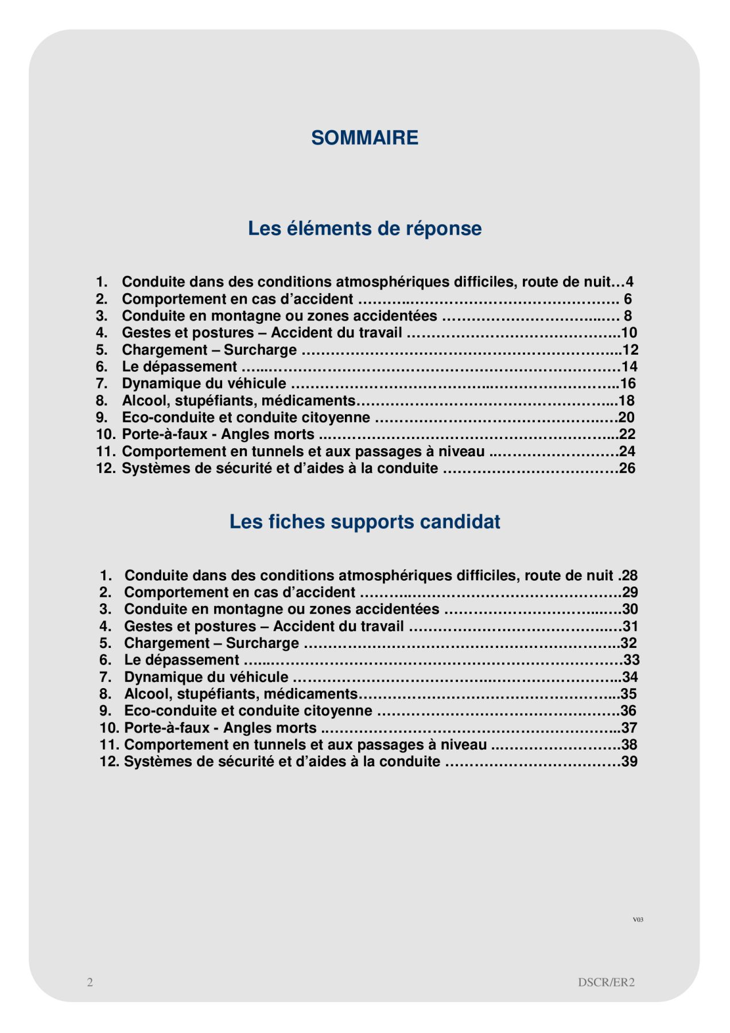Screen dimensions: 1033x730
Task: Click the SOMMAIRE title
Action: click(364, 138)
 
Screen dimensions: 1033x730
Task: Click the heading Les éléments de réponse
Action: click(364, 228)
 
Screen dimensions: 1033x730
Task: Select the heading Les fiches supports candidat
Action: click(364, 522)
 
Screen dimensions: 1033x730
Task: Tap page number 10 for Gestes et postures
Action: click(629, 333)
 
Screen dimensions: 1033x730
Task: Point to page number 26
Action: click(627, 468)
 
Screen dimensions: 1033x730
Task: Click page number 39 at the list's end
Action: click(630, 762)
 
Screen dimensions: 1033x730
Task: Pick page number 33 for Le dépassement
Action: click(631, 660)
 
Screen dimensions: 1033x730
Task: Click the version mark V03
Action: click(638, 919)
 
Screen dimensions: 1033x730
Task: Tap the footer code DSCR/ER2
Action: click(606, 982)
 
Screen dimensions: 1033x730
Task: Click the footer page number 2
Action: click(90, 982)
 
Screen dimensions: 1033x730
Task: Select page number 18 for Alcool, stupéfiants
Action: click(627, 401)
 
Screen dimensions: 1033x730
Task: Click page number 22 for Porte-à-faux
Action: click(627, 434)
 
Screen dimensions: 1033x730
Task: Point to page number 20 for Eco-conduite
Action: click(627, 417)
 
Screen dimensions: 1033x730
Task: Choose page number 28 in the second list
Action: click(630, 576)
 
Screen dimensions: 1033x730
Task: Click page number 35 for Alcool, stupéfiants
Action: click(629, 694)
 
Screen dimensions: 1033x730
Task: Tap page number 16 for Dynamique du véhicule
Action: click(628, 383)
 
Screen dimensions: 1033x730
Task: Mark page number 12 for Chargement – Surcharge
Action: click(630, 350)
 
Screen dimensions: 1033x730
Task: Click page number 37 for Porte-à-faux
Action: click(630, 728)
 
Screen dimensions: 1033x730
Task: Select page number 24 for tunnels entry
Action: click(627, 452)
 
